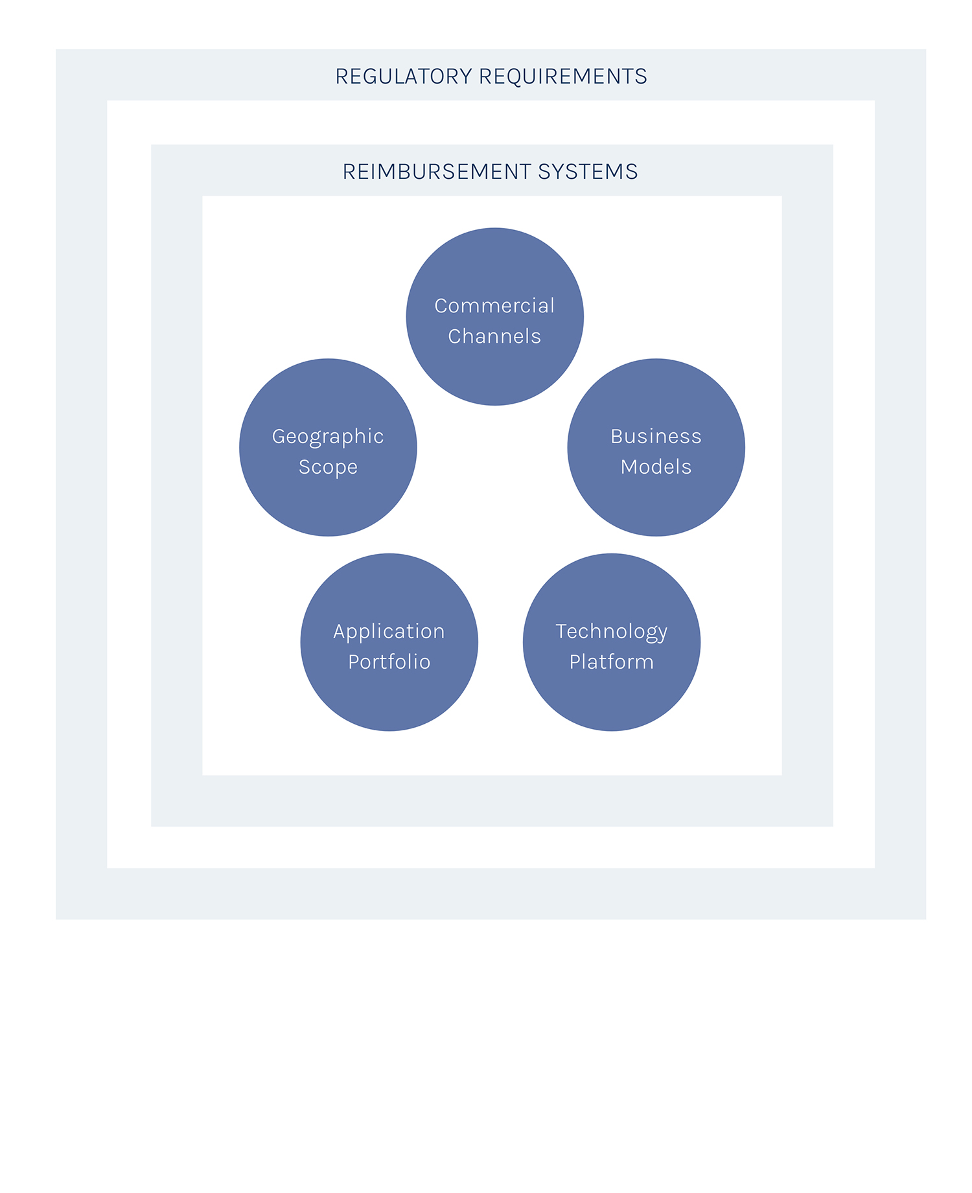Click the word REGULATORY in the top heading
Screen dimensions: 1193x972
[x=404, y=76]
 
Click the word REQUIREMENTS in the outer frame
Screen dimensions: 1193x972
[x=562, y=76]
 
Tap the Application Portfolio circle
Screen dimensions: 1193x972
[x=389, y=700]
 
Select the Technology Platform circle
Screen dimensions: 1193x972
[x=611, y=700]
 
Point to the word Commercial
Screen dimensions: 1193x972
[x=494, y=306]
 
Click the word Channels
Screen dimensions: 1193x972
[x=494, y=336]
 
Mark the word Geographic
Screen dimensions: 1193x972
[x=328, y=437]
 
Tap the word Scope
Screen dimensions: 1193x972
[x=328, y=467]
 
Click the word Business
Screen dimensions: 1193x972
[x=656, y=437]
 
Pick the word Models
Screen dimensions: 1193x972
[x=656, y=467]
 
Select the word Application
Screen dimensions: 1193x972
[x=389, y=632]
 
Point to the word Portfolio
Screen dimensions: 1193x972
[x=389, y=662]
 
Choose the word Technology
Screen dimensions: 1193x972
[x=611, y=632]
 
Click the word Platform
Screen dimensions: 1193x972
[x=611, y=662]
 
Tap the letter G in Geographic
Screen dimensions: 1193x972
[x=278, y=437]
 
